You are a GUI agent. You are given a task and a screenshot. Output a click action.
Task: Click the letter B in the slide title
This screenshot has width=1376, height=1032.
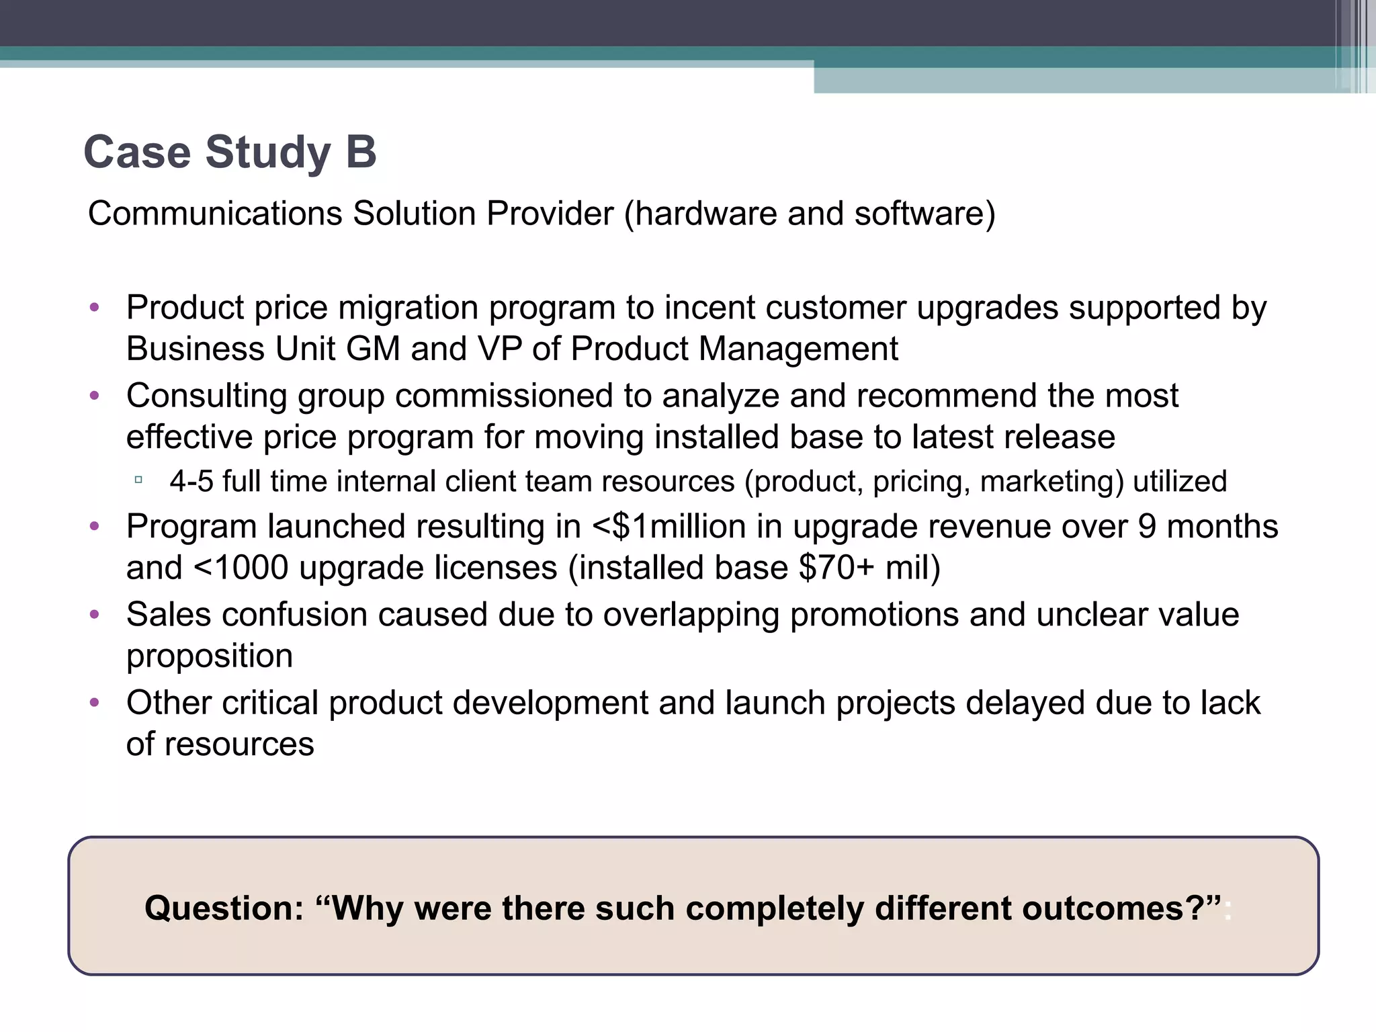coord(361,152)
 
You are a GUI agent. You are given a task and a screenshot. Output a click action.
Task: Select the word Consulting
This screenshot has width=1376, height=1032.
coord(206,396)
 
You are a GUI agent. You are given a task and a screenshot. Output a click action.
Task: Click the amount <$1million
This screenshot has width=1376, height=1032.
coord(669,526)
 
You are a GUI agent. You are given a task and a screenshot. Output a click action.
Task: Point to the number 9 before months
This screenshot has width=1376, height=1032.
coord(1147,526)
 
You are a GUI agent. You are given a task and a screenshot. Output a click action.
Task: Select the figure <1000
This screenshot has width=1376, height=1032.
coord(241,568)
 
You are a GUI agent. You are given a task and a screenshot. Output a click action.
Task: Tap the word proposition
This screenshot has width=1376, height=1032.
coord(210,656)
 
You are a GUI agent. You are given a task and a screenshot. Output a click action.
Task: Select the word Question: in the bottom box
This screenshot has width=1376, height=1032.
coord(224,908)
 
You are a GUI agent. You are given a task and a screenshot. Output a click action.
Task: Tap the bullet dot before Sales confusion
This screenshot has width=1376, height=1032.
coord(95,614)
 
